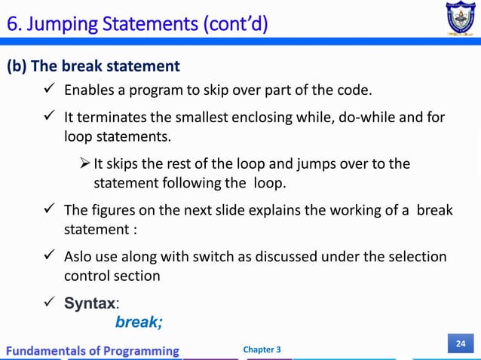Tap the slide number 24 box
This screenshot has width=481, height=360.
(459, 344)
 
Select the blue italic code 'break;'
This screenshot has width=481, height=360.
(139, 322)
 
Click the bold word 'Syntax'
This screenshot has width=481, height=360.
(89, 304)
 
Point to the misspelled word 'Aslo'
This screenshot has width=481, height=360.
(80, 257)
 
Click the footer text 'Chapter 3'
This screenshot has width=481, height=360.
(263, 349)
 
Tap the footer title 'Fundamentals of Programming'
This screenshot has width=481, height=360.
(94, 350)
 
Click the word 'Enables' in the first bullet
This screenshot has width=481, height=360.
(88, 92)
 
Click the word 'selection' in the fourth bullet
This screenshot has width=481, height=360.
(418, 257)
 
